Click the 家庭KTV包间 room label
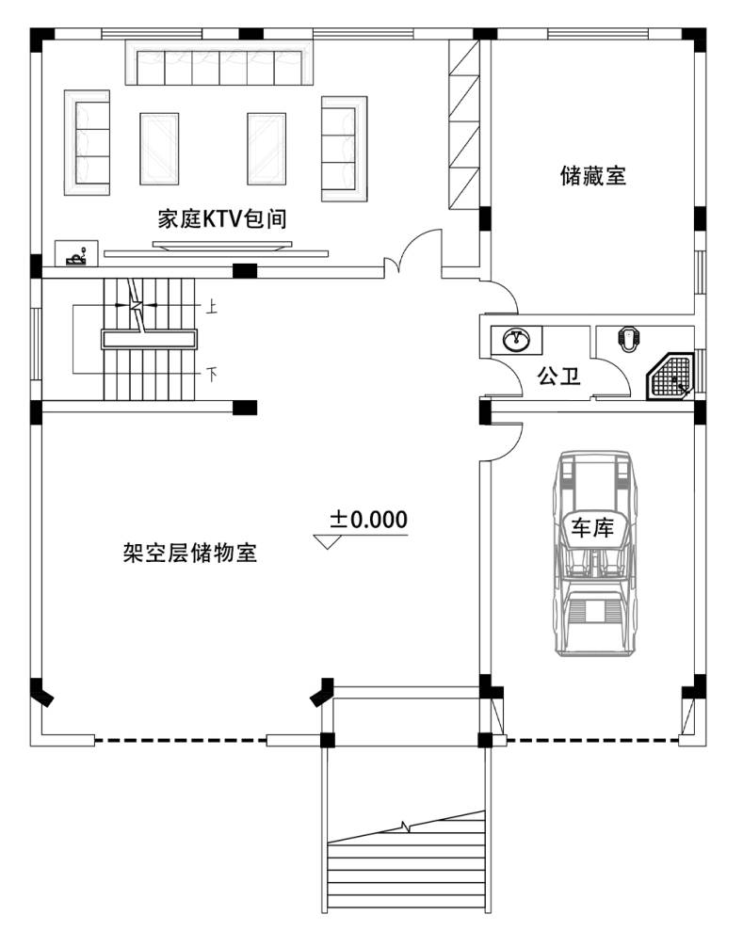pyautogui.click(x=221, y=218)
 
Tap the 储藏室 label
pyautogui.click(x=592, y=176)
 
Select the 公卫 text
pyautogui.click(x=558, y=376)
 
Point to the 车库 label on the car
pyautogui.click(x=592, y=527)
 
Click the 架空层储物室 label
pyautogui.click(x=190, y=553)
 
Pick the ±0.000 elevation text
pyautogui.click(x=369, y=520)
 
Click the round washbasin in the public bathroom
pyautogui.click(x=516, y=340)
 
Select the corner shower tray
pyautogui.click(x=670, y=377)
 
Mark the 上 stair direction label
pyautogui.click(x=212, y=306)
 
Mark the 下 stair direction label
pyautogui.click(x=212, y=375)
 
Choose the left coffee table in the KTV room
pyautogui.click(x=159, y=149)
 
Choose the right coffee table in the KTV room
pyautogui.click(x=267, y=149)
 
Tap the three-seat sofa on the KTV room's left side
pyautogui.click(x=88, y=142)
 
